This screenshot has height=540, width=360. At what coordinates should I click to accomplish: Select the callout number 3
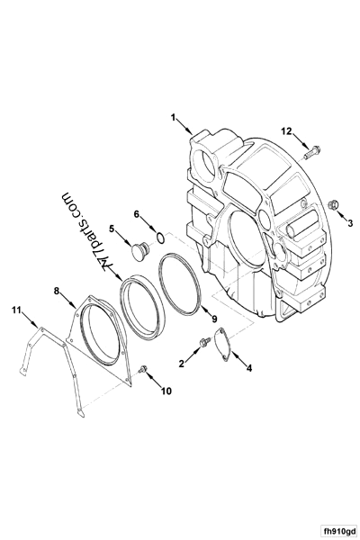point(350,221)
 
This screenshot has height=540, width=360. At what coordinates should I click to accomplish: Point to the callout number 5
point(112,229)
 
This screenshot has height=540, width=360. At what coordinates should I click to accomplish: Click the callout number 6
point(137,214)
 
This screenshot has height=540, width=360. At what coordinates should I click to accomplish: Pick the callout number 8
point(57,291)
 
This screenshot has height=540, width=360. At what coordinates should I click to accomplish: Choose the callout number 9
point(213,319)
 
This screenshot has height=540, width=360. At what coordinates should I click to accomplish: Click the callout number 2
point(182,363)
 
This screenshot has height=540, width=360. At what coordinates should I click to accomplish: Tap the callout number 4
point(249,367)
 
